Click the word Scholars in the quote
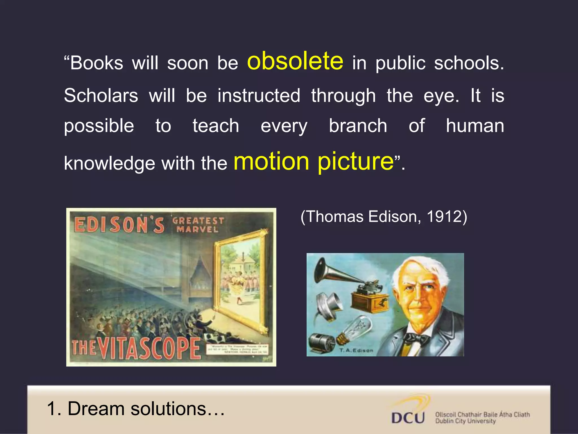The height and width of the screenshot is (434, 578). [101, 96]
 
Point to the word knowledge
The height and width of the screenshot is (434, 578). [110, 164]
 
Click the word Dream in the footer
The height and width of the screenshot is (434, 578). [96, 409]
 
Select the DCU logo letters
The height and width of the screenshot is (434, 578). [408, 418]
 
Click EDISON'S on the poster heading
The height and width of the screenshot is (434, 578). [119, 225]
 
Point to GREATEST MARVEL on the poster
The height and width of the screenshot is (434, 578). [198, 225]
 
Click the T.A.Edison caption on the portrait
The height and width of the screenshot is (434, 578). [356, 350]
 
